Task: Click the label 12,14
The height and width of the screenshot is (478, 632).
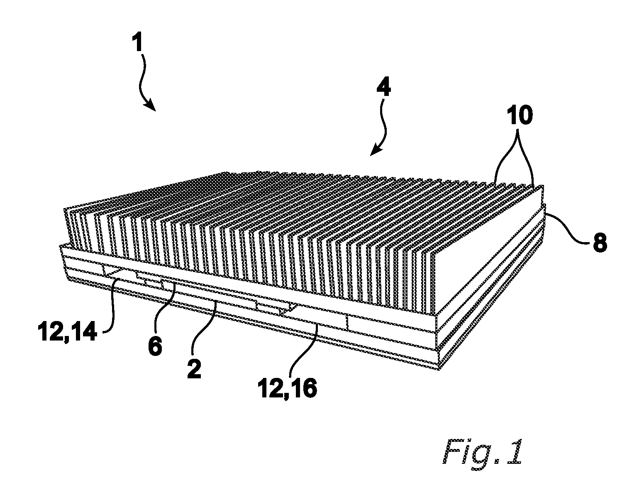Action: click(x=67, y=332)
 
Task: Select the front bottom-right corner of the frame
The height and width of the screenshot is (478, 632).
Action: click(x=439, y=370)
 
